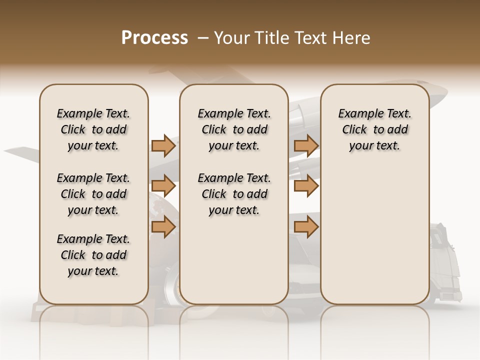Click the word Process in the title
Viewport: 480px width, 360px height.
click(154, 38)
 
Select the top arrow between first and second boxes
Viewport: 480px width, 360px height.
click(163, 145)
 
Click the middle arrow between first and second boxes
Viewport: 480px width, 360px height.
click(163, 186)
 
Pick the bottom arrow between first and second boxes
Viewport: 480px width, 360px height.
click(163, 227)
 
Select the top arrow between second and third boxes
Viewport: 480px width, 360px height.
click(306, 145)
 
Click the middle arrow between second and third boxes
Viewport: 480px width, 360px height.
click(306, 186)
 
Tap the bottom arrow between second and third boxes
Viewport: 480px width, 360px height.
click(306, 227)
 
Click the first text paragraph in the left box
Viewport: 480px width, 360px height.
click(93, 129)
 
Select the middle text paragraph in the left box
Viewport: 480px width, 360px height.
click(93, 194)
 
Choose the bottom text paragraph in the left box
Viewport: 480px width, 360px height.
click(93, 255)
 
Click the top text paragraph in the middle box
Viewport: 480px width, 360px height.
click(234, 129)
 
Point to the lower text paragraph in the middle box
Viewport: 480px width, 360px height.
click(234, 194)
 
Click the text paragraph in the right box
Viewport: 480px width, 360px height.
click(374, 129)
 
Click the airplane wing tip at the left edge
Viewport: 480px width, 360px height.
click(15, 150)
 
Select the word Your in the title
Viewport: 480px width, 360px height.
click(230, 38)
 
